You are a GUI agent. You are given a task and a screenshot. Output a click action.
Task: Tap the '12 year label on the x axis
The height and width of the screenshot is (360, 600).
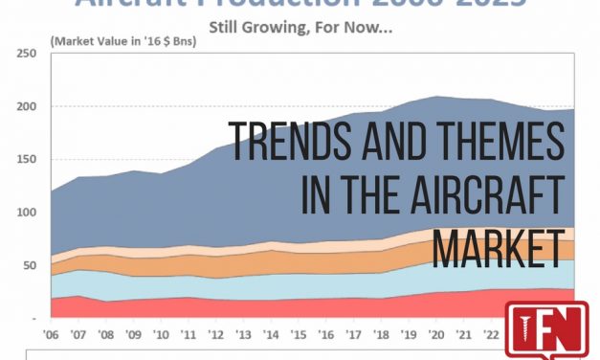pos(218,336)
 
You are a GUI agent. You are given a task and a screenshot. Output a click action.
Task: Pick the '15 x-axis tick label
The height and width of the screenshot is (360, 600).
pos(300,336)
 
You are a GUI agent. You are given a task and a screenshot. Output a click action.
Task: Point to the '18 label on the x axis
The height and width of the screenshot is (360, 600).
pos(383,336)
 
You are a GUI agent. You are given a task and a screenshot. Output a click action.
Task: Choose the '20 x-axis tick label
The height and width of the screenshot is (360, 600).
pos(437,336)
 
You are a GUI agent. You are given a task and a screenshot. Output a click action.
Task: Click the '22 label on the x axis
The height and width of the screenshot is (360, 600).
pos(491,336)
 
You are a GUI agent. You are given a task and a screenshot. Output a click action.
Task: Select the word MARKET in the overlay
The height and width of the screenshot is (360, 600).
pos(497,249)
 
